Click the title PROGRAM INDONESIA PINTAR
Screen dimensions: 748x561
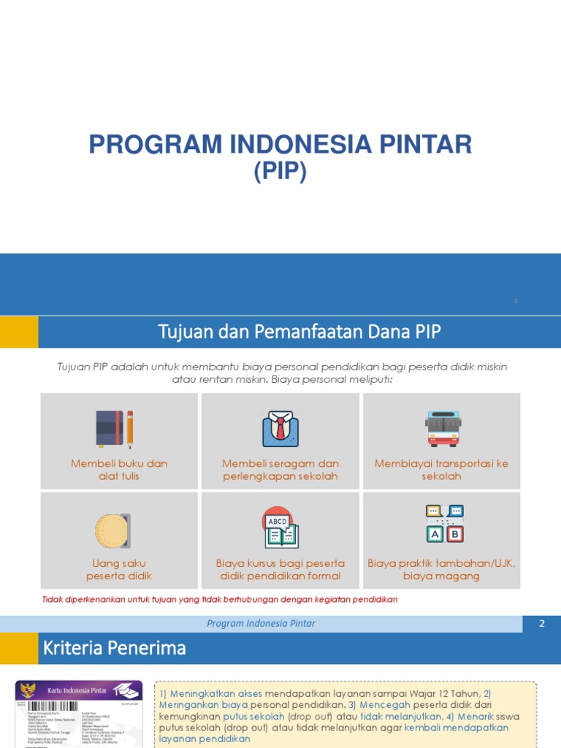click(280, 145)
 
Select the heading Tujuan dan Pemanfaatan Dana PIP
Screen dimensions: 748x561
click(299, 332)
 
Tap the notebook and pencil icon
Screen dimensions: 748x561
click(115, 429)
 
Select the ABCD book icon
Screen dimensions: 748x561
click(280, 527)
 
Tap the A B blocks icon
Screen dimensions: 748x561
click(444, 524)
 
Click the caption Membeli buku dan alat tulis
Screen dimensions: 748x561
click(119, 470)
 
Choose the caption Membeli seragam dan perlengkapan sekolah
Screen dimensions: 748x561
click(280, 470)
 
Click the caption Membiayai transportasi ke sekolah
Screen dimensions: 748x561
click(441, 470)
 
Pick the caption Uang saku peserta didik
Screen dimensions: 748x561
click(119, 570)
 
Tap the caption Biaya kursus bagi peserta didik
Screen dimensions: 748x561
click(280, 570)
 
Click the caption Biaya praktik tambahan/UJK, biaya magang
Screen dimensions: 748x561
click(441, 570)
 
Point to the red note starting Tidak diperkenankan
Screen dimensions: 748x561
click(220, 600)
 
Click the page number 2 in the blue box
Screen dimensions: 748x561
click(542, 624)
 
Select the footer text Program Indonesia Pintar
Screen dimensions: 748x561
click(262, 624)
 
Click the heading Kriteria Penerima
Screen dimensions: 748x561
click(115, 648)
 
